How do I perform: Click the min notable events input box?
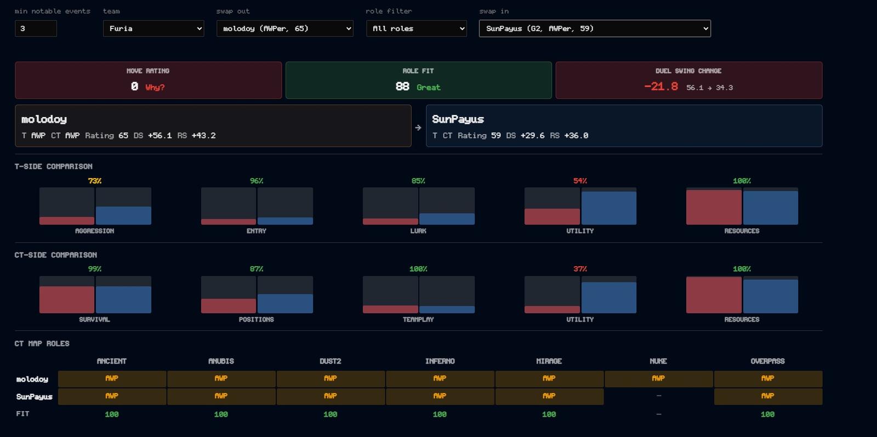pyautogui.click(x=36, y=28)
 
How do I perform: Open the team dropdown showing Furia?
pyautogui.click(x=153, y=28)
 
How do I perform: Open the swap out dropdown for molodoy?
pyautogui.click(x=284, y=28)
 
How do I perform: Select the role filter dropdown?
pyautogui.click(x=416, y=28)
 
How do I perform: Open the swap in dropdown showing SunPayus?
pyautogui.click(x=595, y=28)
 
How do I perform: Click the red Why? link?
pyautogui.click(x=155, y=87)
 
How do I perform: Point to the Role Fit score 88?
pyautogui.click(x=402, y=87)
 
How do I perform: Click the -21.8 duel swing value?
pyautogui.click(x=661, y=87)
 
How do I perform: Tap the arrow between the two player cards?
pyautogui.click(x=418, y=128)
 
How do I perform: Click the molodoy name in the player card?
pyautogui.click(x=44, y=119)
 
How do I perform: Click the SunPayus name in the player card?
pyautogui.click(x=458, y=119)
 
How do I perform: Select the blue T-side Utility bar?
pyautogui.click(x=609, y=208)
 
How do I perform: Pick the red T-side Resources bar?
pyautogui.click(x=713, y=208)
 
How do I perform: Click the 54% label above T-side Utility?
pyautogui.click(x=580, y=181)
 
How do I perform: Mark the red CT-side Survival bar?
pyautogui.click(x=66, y=300)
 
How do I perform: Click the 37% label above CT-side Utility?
pyautogui.click(x=580, y=269)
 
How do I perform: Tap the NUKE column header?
pyautogui.click(x=658, y=361)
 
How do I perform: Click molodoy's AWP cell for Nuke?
pyautogui.click(x=658, y=379)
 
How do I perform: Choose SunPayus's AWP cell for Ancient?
pyautogui.click(x=112, y=396)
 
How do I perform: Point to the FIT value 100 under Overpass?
pyautogui.click(x=767, y=415)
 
